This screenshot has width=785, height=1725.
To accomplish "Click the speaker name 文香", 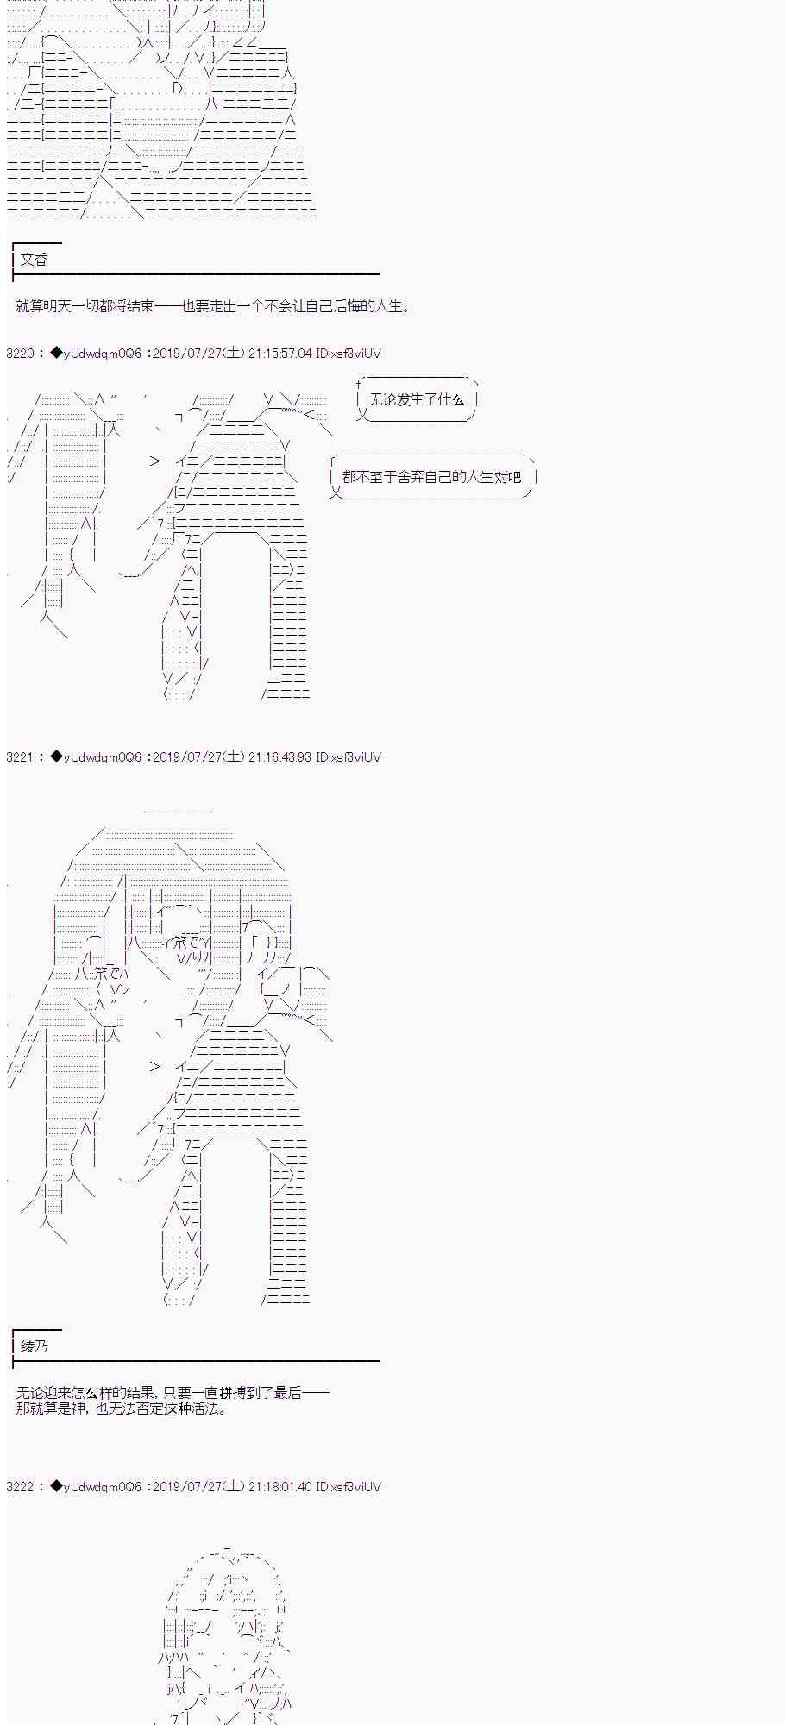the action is tap(34, 260).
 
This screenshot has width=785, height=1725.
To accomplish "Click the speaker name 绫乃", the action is tap(34, 1346).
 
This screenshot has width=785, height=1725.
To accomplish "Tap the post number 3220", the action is tap(20, 353).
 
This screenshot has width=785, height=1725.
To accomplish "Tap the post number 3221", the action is tap(20, 756).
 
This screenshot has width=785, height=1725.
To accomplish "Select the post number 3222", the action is tap(20, 1486).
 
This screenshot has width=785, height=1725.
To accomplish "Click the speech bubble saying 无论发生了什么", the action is tap(417, 399).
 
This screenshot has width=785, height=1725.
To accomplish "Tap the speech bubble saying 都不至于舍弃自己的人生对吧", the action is tap(432, 477).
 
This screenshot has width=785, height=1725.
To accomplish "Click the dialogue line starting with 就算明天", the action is tap(214, 306).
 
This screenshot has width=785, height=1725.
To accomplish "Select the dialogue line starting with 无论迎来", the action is tap(173, 1393).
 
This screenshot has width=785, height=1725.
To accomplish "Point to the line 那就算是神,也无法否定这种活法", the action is tap(122, 1408).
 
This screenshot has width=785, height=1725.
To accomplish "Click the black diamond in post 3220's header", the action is tap(56, 353).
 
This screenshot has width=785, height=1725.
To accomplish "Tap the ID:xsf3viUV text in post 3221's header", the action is tap(349, 756).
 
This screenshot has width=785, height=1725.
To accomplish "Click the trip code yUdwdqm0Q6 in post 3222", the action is tap(102, 1486).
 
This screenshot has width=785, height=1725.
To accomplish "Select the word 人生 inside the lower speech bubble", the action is tap(480, 477).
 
